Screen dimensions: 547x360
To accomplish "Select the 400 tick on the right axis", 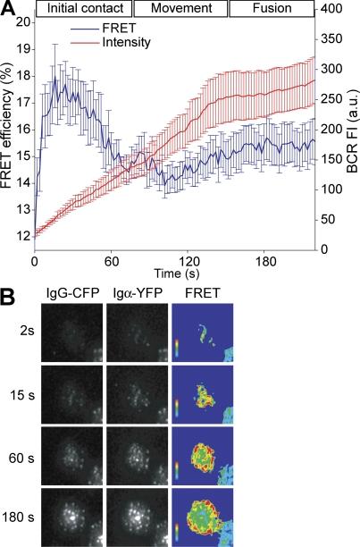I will point(334,8).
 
